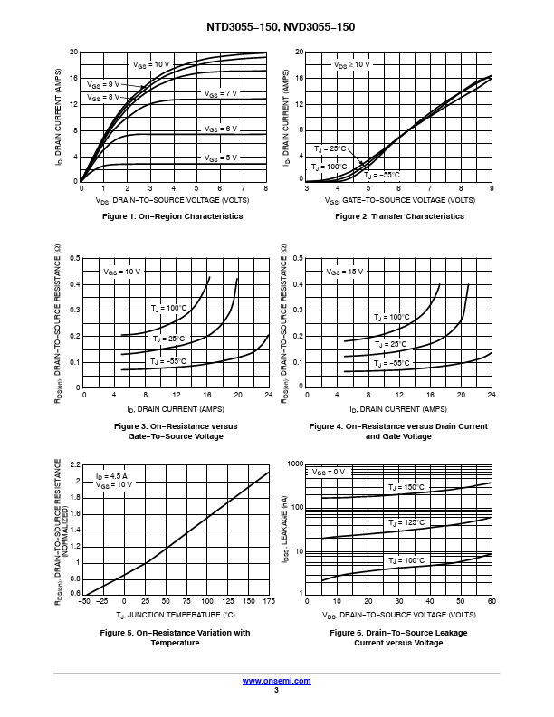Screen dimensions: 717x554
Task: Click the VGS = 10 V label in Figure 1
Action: (151, 65)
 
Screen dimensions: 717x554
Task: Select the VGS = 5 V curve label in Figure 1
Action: (220, 158)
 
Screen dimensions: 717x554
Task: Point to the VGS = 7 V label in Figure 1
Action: (220, 93)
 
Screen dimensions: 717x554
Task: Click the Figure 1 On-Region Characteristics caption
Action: (173, 216)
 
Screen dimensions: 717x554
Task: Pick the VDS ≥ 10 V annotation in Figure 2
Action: (351, 65)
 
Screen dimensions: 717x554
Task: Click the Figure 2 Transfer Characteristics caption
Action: (399, 216)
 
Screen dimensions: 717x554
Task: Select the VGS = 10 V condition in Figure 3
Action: (121, 272)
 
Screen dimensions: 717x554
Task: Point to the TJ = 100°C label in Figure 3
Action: (168, 309)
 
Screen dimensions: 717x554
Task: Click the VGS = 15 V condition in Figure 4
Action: (344, 272)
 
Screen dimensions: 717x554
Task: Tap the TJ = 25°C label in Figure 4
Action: (390, 345)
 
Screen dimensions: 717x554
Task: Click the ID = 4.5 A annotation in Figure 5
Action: (112, 475)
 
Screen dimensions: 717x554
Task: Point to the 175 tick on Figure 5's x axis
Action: (268, 601)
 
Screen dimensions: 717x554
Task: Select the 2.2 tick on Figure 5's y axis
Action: (75, 464)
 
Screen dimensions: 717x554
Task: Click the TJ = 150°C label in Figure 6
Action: (406, 487)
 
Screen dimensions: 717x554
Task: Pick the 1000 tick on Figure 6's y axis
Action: (294, 464)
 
